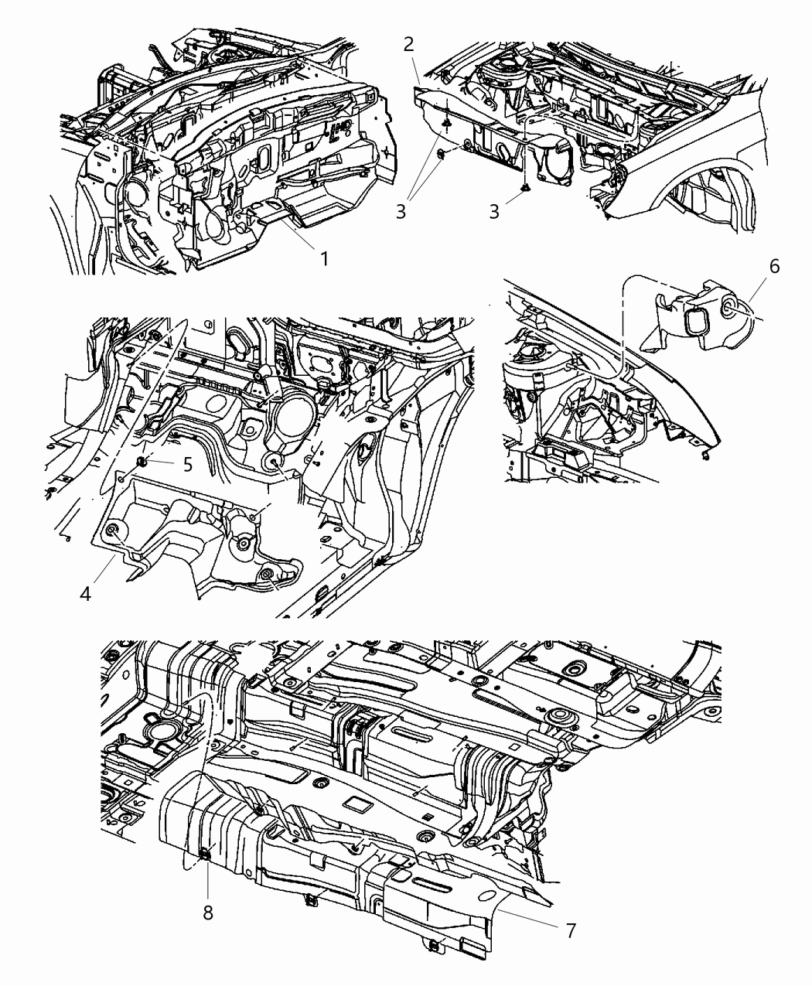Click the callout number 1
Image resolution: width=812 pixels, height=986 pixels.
click(325, 258)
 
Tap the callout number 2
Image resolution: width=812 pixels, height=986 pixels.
click(409, 45)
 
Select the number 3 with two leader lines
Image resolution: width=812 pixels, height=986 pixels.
click(401, 212)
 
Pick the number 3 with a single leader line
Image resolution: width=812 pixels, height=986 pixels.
click(494, 212)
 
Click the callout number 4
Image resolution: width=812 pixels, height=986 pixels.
click(86, 594)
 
